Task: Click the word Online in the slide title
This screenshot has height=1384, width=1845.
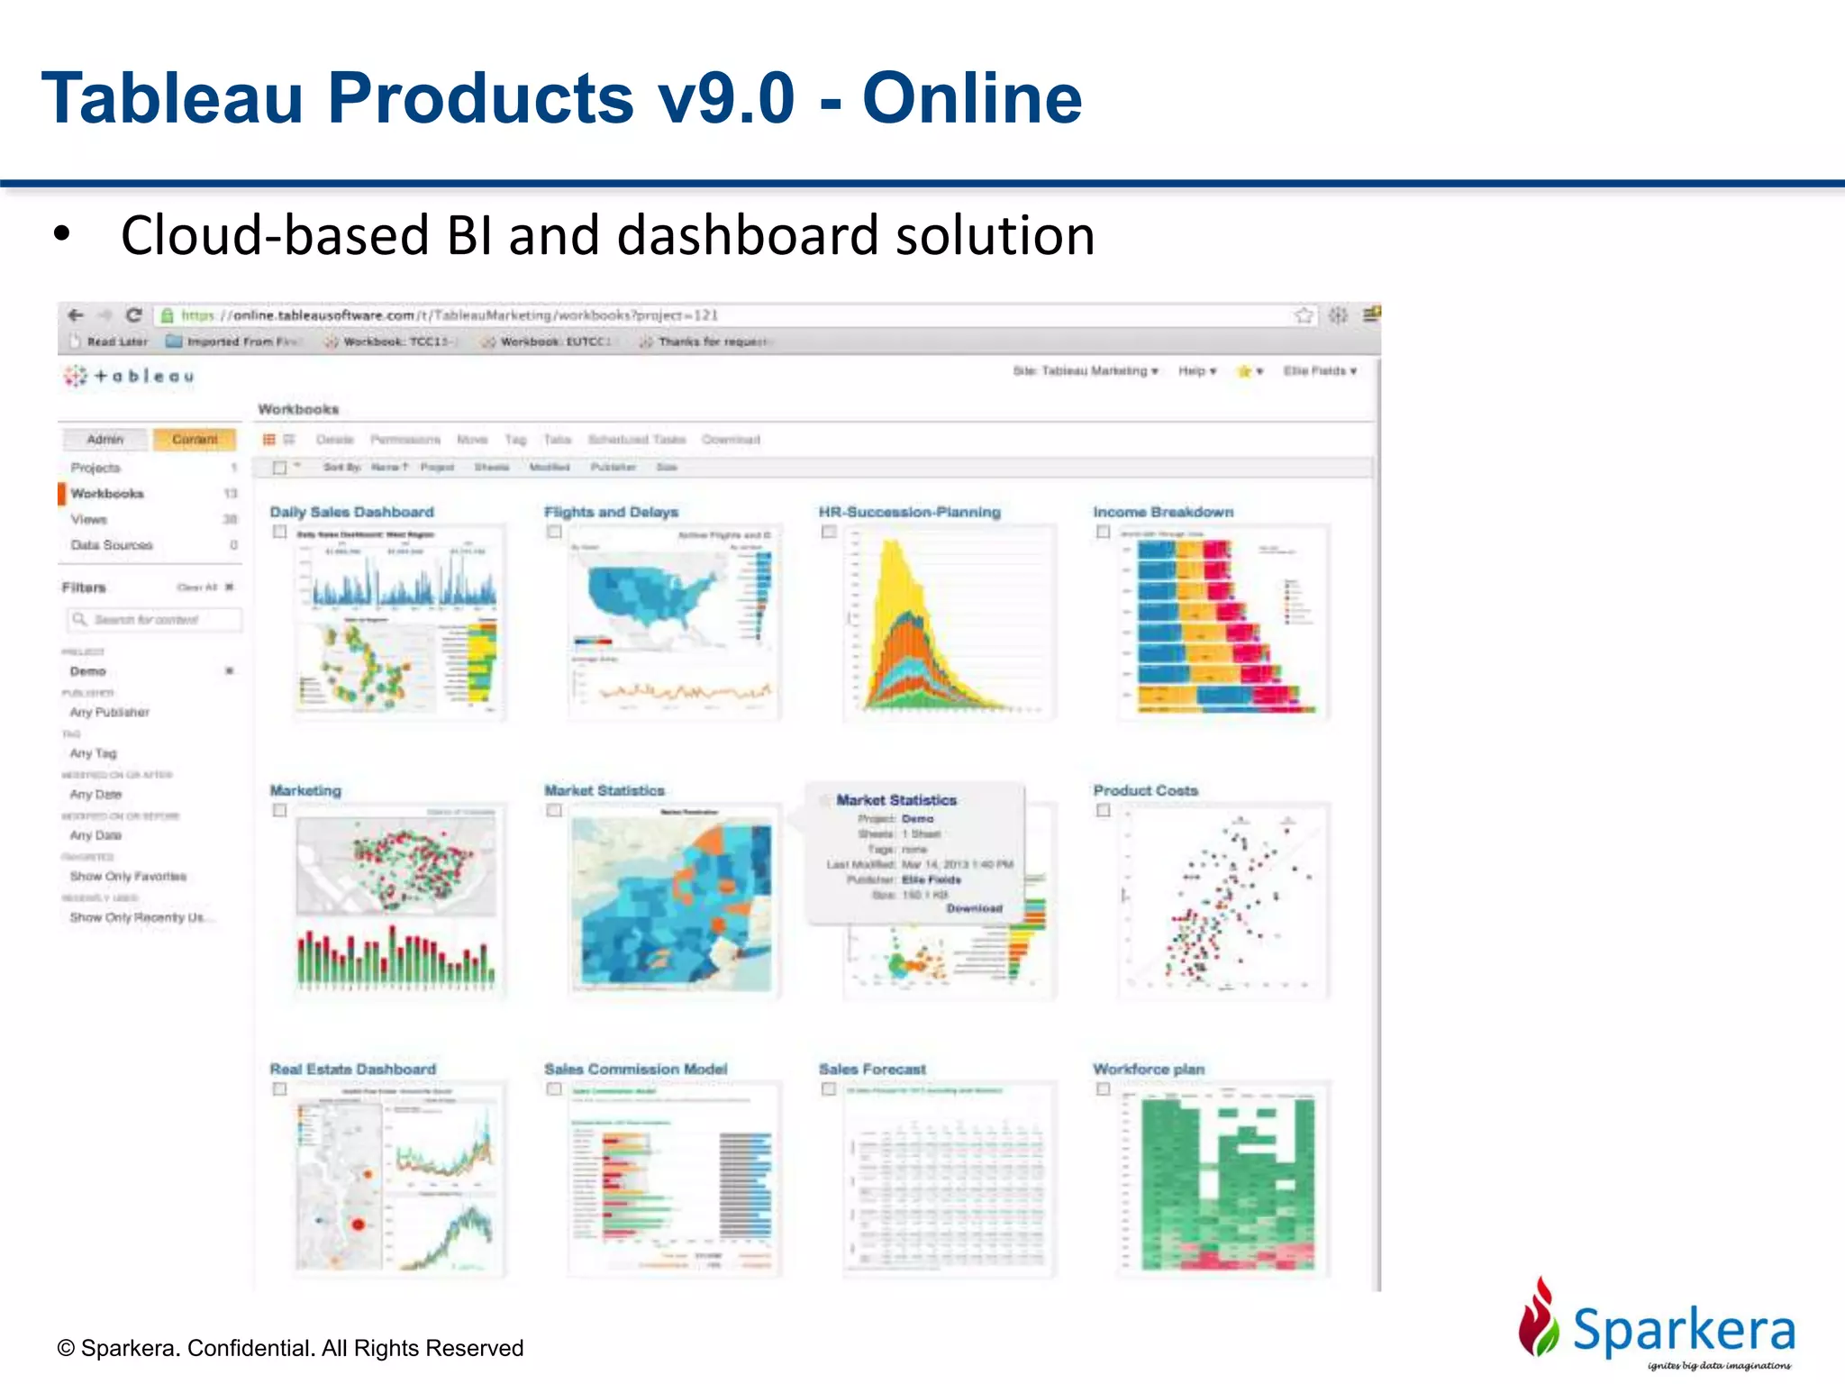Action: [971, 98]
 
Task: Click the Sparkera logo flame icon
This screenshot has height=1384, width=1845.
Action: [1539, 1317]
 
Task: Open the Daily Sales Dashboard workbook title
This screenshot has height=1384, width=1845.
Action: [351, 512]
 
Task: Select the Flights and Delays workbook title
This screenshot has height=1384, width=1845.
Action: [611, 512]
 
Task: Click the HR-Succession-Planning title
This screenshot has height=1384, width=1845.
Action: [909, 512]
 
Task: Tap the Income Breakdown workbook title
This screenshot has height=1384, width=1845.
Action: [1163, 512]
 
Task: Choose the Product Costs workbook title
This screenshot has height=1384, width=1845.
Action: [1145, 790]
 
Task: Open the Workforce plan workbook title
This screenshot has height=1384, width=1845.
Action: [1149, 1069]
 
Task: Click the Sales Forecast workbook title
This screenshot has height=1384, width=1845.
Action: [872, 1069]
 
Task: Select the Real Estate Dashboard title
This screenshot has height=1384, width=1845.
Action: [352, 1069]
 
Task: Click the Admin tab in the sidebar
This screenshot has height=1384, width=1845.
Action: [105, 440]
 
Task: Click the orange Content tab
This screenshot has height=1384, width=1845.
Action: [195, 440]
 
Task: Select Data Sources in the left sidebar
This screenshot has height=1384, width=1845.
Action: [112, 545]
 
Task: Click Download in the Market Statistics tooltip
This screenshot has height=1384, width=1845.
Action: [974, 908]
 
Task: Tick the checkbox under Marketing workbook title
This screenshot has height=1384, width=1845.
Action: [280, 810]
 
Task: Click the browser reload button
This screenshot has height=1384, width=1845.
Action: [134, 314]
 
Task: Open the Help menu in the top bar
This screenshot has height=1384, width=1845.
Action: [1196, 371]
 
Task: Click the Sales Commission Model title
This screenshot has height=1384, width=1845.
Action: [635, 1069]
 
